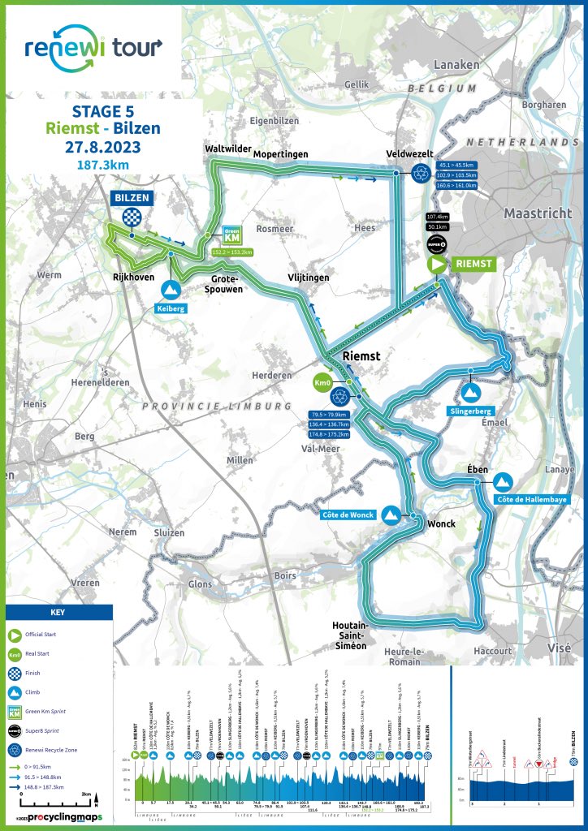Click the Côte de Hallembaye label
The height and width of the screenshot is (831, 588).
(529, 499)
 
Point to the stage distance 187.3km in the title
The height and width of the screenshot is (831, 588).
(102, 166)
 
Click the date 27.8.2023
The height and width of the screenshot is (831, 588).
(102, 147)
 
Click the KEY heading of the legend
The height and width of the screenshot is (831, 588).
(57, 613)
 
